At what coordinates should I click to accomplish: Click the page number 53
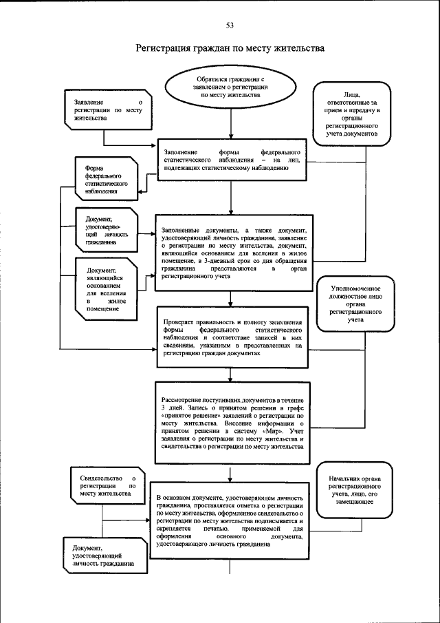point(230,25)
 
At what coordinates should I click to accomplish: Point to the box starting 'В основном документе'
point(230,520)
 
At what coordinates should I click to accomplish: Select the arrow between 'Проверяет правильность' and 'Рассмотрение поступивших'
point(230,372)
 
